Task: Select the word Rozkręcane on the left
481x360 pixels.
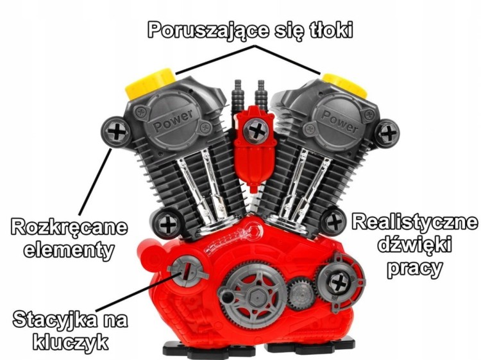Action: pos(69,227)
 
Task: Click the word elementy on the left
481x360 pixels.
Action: pos(69,248)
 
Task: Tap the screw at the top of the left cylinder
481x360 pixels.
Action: pos(115,132)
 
